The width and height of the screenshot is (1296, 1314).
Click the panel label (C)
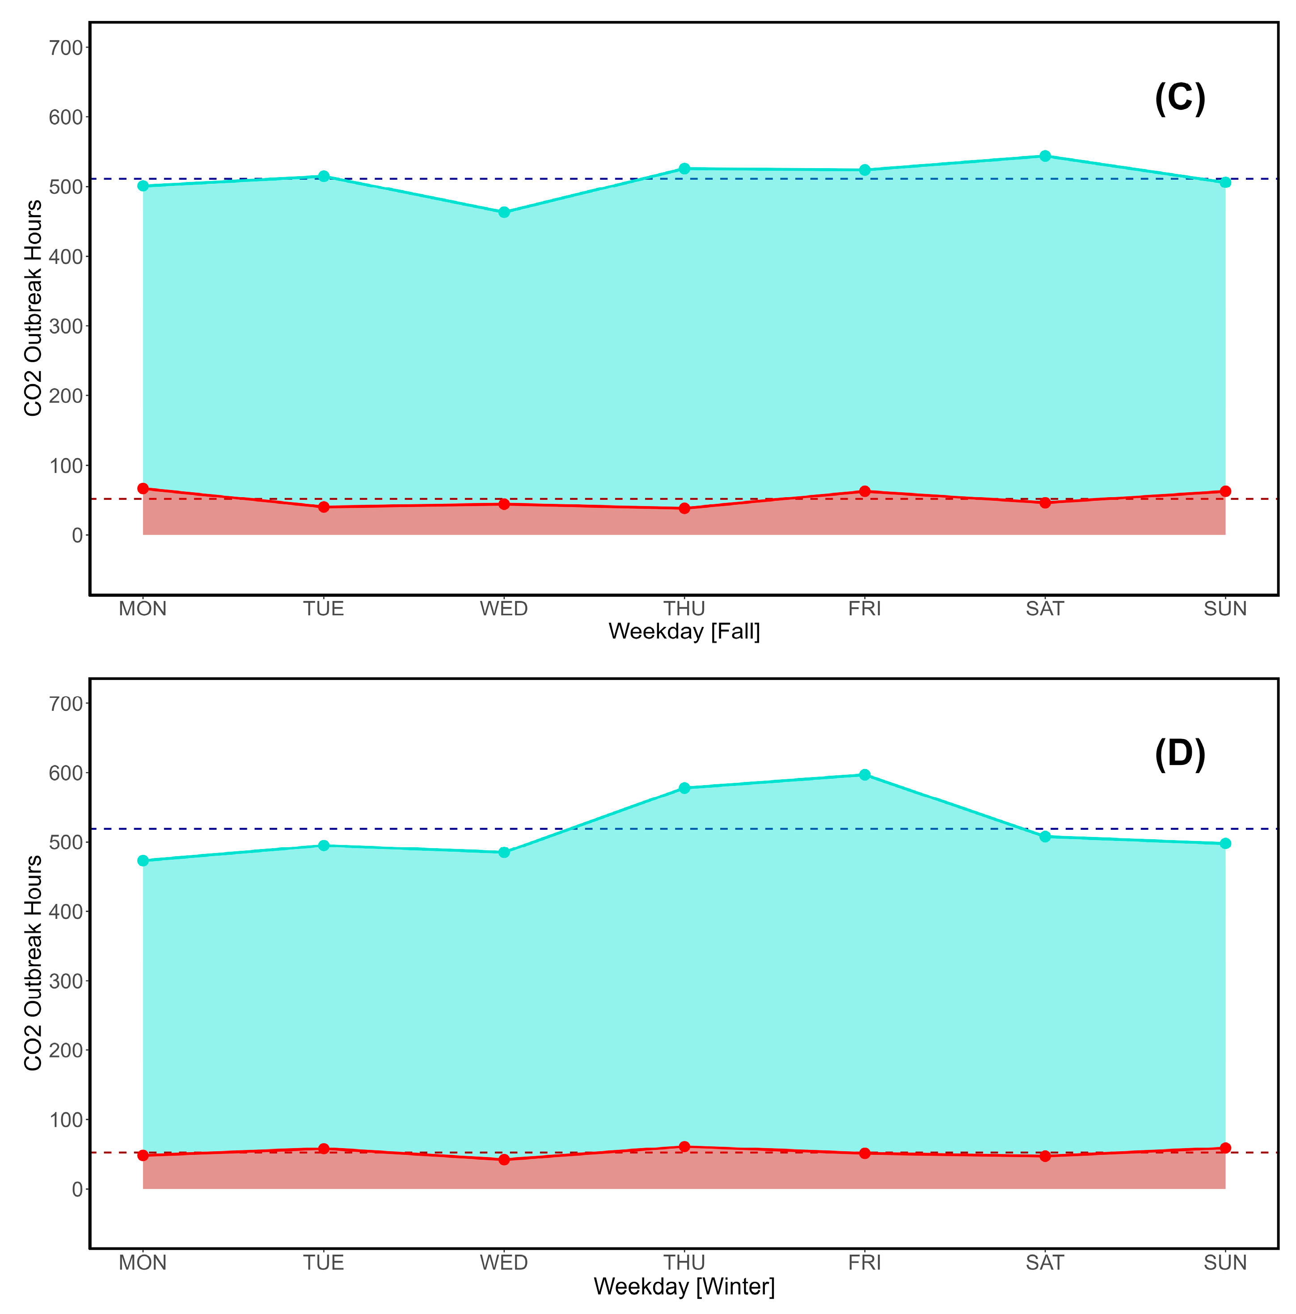coord(1180,99)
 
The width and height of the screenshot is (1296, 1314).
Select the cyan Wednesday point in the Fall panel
coord(504,212)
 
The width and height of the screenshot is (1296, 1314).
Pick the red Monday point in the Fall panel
coord(143,488)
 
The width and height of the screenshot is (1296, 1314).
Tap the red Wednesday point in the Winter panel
coord(504,1160)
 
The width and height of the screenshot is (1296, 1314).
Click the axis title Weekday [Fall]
coord(684,631)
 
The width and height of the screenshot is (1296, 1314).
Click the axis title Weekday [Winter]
coord(684,1286)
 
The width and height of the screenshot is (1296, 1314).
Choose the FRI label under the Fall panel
coord(864,608)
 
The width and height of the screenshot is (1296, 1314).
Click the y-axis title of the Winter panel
coord(33,963)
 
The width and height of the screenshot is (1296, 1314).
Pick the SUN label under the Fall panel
coord(1224,608)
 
